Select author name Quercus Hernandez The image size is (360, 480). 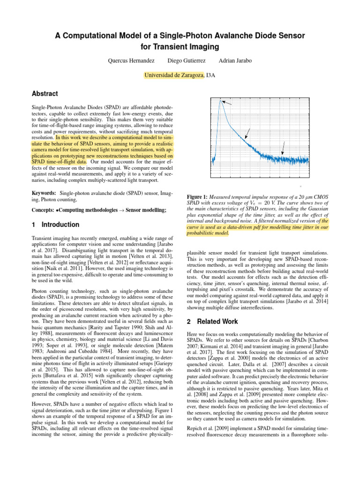(x=130, y=61)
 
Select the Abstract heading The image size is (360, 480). (x=45, y=94)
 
